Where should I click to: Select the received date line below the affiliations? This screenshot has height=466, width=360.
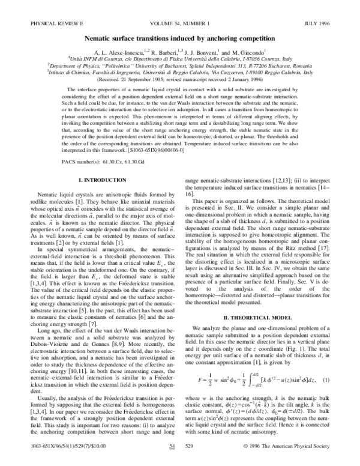point(180,78)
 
